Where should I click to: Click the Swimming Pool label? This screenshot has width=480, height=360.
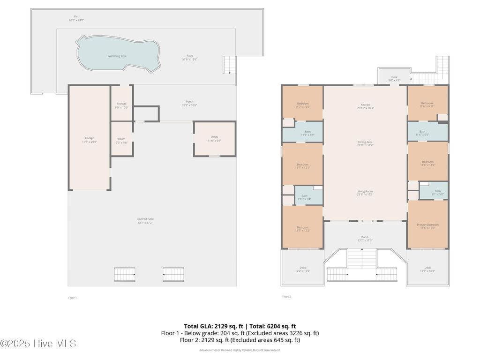click(x=117, y=56)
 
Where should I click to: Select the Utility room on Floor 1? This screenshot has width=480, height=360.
click(x=214, y=139)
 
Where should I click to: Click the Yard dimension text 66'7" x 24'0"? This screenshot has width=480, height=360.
click(x=76, y=21)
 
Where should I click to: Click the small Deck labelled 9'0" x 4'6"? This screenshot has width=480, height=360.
click(x=394, y=78)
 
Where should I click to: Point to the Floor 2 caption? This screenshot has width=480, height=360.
click(x=286, y=297)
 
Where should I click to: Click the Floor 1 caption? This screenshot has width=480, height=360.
click(x=72, y=298)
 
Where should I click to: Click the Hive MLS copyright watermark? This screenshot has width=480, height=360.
click(x=38, y=344)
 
